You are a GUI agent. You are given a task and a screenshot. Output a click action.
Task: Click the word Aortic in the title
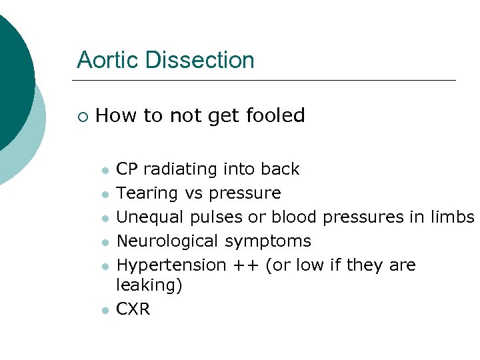[107, 60]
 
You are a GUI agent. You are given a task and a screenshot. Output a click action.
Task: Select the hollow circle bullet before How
[81, 117]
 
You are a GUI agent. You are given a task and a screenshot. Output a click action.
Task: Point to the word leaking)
[149, 285]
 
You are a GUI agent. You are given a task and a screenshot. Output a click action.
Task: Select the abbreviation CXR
[133, 309]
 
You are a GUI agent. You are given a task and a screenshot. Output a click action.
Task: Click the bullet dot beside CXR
[105, 310]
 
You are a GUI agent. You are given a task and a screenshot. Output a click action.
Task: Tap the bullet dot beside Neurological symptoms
[105, 242]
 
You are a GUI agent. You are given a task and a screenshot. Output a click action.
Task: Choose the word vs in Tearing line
[193, 194]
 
